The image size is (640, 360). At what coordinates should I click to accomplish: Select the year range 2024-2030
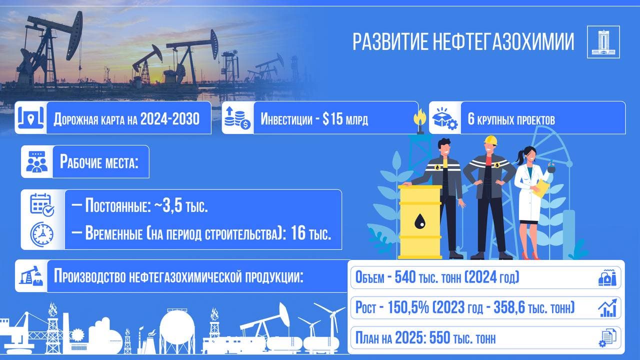(x=170, y=119)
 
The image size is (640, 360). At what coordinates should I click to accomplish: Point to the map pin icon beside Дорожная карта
(x=30, y=118)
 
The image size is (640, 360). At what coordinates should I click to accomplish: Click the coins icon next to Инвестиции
(x=237, y=118)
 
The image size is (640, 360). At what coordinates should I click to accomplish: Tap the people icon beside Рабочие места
(x=37, y=162)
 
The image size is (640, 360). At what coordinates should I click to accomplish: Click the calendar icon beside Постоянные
(x=42, y=204)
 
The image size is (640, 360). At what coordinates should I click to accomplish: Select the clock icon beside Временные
(x=42, y=233)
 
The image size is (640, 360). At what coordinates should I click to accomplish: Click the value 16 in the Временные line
(x=297, y=233)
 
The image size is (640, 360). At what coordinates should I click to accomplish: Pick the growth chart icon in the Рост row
(x=607, y=307)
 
